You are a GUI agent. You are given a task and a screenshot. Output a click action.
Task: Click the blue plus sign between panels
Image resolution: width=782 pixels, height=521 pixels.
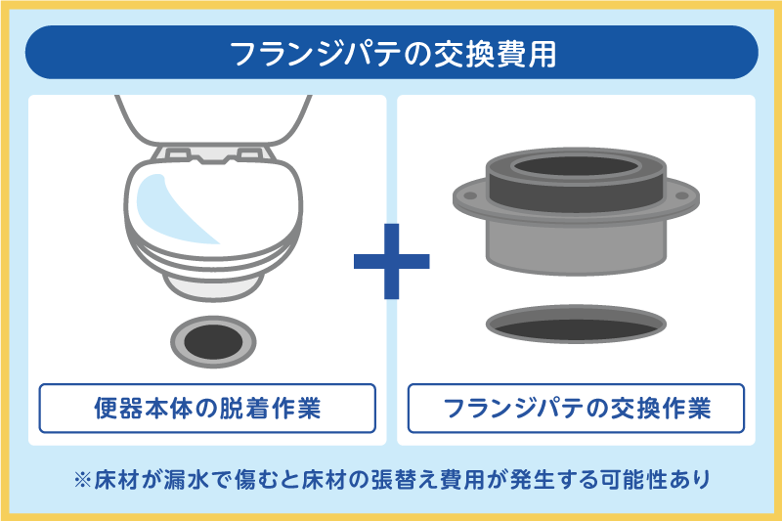point(392,261)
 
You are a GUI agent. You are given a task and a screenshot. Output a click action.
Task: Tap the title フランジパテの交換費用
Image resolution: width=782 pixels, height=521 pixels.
point(393,54)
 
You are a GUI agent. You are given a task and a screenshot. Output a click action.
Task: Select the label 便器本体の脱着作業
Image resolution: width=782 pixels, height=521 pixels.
point(207,409)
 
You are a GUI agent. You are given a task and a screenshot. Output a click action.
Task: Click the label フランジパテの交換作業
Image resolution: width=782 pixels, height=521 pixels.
point(577,409)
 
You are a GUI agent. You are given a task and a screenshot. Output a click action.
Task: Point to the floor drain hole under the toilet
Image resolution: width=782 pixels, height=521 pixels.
point(213,342)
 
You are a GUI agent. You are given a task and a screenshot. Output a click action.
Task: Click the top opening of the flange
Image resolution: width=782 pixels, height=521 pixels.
point(577,166)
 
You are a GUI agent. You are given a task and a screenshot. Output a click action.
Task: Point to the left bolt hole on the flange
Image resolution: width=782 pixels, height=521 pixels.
point(470,195)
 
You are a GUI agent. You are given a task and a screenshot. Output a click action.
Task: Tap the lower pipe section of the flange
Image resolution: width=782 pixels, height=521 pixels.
point(577,246)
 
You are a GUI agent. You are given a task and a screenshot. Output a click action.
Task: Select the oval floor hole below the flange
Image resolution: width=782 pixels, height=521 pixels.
point(576,325)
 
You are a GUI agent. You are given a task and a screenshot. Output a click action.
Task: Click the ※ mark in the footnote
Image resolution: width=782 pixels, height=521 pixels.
point(82,480)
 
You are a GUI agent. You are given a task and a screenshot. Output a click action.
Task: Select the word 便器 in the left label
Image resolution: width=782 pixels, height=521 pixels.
point(118,409)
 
